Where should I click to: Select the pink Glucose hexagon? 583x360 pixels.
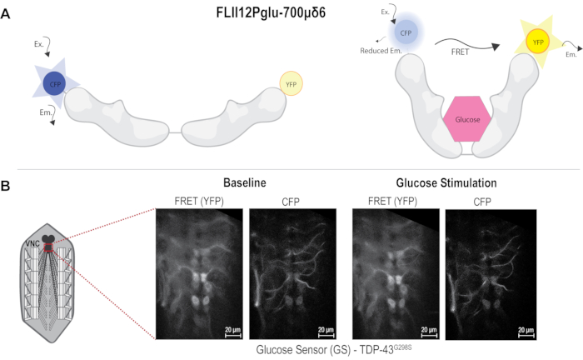pyautogui.click(x=467, y=119)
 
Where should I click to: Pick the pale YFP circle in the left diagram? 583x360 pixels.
pyautogui.click(x=291, y=84)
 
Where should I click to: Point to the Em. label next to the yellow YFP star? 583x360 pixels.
pyautogui.click(x=571, y=55)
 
